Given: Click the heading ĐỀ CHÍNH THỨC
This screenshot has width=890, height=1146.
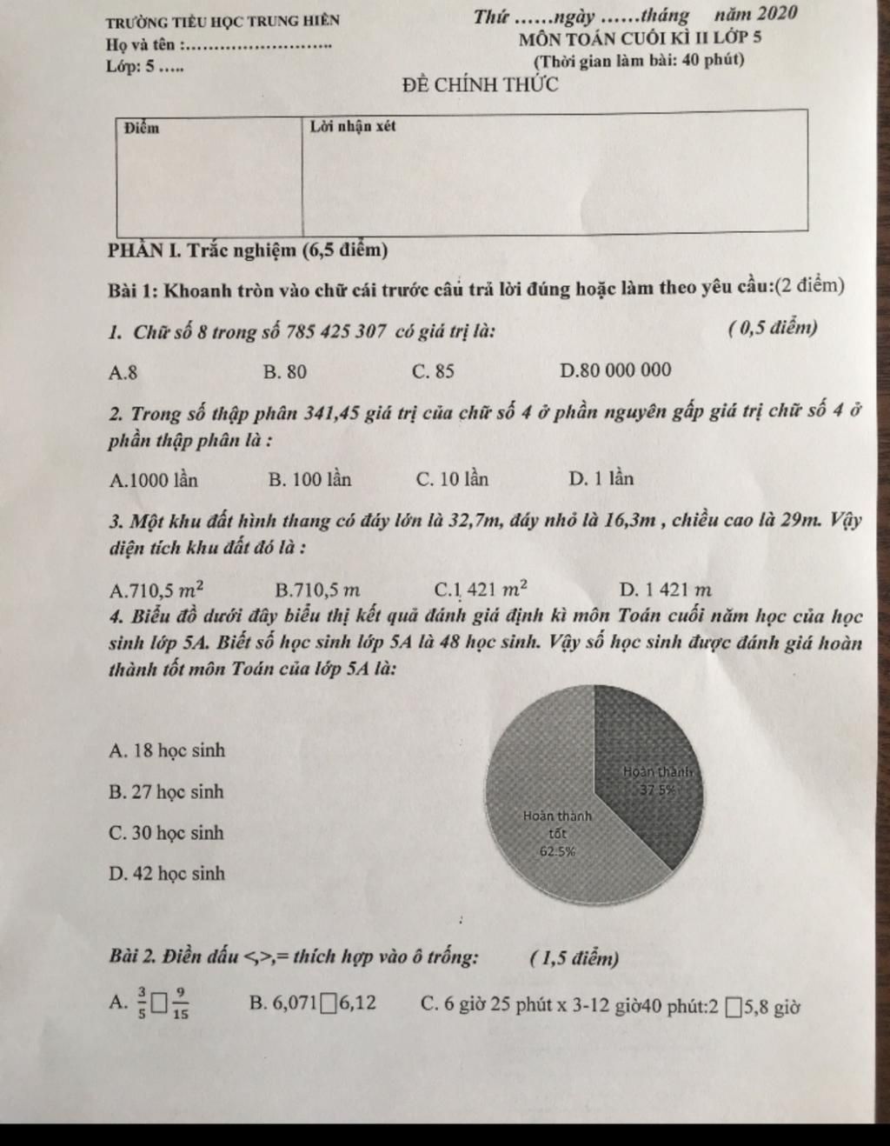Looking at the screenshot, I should tap(480, 85).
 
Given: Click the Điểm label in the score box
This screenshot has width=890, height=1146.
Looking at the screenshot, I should tap(142, 129).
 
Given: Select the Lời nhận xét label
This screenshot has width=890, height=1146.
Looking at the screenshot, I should tap(353, 126).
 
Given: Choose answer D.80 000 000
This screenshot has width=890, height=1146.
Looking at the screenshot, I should tap(616, 370).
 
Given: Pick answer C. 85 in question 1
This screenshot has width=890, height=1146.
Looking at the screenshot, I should tap(434, 372).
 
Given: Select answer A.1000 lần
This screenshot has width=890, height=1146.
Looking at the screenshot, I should tap(155, 480).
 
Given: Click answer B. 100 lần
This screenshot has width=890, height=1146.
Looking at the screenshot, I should tap(310, 479).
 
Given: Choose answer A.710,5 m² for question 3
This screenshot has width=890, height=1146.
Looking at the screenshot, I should tap(157, 590).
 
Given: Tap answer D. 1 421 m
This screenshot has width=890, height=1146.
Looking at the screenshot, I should tap(666, 590).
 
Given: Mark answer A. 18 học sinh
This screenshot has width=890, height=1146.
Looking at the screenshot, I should tap(167, 750).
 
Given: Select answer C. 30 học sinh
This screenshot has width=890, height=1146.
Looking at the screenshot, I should tap(166, 833).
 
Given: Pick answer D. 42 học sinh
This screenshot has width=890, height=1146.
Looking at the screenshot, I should tap(167, 874).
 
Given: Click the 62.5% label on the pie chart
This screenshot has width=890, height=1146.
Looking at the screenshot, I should tap(557, 852).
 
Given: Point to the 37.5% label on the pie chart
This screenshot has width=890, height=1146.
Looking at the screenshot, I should tap(658, 790).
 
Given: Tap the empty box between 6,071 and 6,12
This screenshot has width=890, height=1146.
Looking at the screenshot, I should tap(327, 1006).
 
